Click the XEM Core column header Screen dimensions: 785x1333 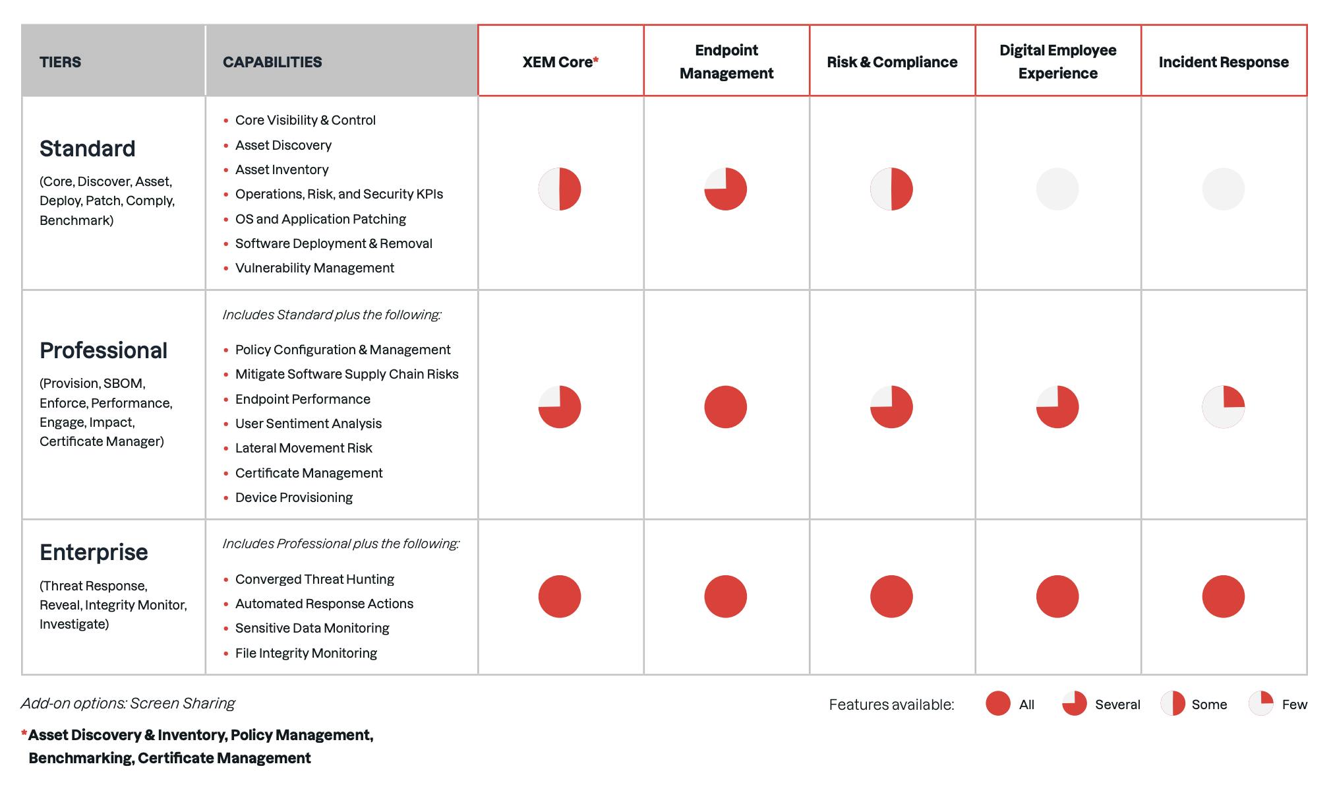tap(560, 62)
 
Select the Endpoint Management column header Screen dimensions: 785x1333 tap(726, 61)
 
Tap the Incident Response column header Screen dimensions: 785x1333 tap(1223, 62)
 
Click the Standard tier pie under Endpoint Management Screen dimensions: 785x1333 tap(725, 189)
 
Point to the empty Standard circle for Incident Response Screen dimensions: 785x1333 tap(1223, 189)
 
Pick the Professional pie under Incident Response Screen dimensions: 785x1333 tap(1223, 406)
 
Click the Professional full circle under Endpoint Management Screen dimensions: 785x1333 tap(725, 406)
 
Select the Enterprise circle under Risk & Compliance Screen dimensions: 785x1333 tap(891, 596)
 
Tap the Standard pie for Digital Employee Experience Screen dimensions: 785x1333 tap(1057, 189)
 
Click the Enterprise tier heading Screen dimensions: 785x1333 tap(94, 552)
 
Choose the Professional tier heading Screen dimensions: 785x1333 tap(104, 350)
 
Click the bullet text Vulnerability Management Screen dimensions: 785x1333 tap(314, 268)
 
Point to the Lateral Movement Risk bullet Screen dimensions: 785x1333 tap(303, 448)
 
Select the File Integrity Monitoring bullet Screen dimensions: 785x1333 tap(306, 653)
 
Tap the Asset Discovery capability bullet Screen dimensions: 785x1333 tap(283, 145)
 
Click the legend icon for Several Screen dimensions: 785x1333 tap(1074, 704)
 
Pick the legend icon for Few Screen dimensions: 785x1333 tap(1260, 704)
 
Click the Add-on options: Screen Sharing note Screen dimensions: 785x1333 tap(128, 703)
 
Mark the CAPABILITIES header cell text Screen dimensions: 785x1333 tap(272, 62)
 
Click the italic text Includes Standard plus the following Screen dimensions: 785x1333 tap(332, 315)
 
